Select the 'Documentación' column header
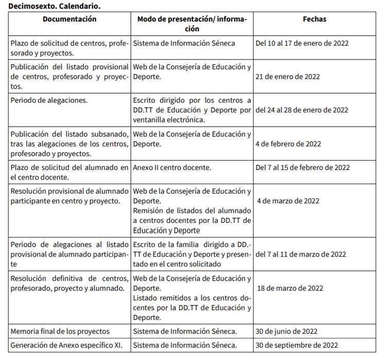pyautogui.click(x=69, y=20)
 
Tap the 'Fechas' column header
pyautogui.click(x=314, y=20)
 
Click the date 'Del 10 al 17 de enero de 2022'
pyautogui.click(x=302, y=43)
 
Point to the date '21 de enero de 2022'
pyautogui.click(x=287, y=77)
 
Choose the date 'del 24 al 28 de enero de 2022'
pyautogui.click(x=301, y=110)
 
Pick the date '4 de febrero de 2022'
pyautogui.click(x=288, y=144)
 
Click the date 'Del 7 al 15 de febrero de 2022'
pyautogui.click(x=302, y=167)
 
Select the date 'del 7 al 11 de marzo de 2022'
pyautogui.click(x=300, y=254)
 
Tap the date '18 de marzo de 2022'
pyautogui.click(x=290, y=288)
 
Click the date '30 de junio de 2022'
pyautogui.click(x=286, y=331)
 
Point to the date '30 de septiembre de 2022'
pyautogui.click(x=297, y=345)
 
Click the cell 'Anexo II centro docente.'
pyautogui.click(x=172, y=167)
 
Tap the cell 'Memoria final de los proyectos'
pyautogui.click(x=60, y=331)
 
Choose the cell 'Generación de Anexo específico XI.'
pyautogui.click(x=66, y=345)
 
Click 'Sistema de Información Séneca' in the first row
pyautogui.click(x=184, y=43)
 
